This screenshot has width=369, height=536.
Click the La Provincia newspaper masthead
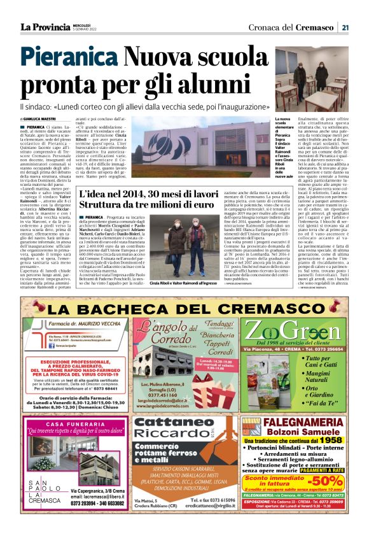click(x=45, y=27)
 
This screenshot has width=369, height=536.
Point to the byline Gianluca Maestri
click(x=41, y=119)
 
